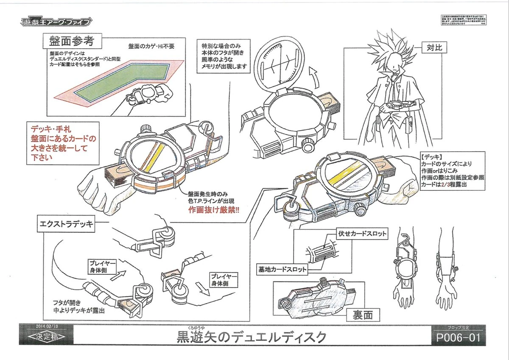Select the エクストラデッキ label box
(63, 225)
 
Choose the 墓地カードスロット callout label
(282, 269)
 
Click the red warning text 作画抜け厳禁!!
(213, 209)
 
